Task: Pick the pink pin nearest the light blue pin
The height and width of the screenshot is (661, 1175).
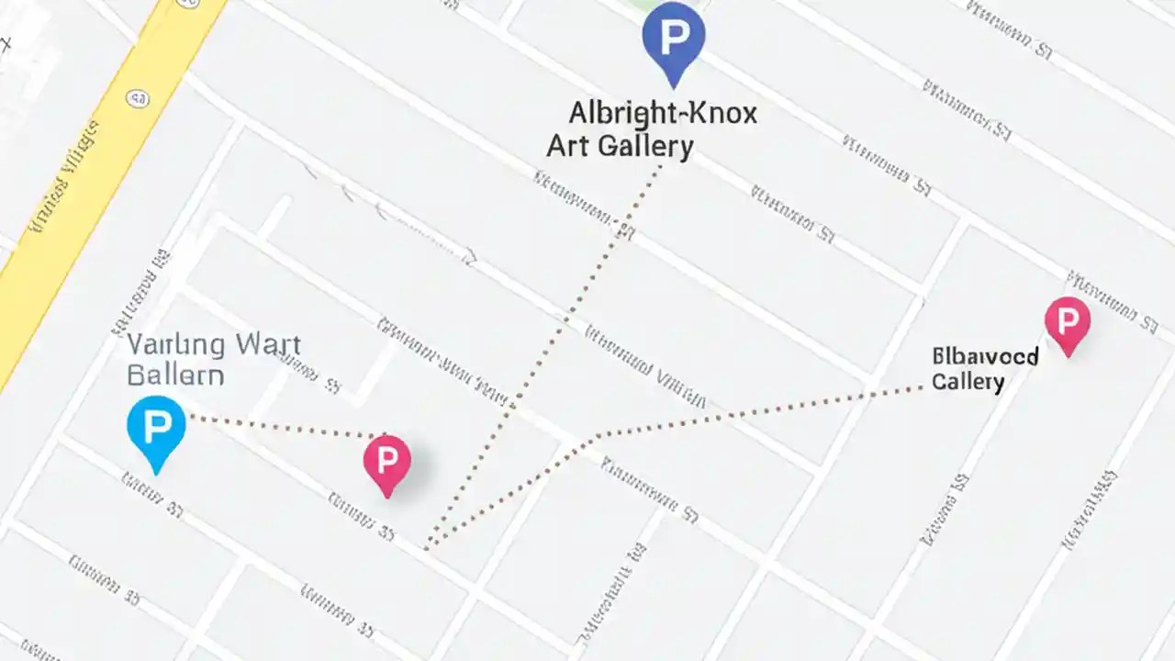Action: coord(387,462)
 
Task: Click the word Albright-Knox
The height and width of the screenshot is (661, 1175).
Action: coord(663,114)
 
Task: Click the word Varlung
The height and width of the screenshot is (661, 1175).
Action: coord(175,346)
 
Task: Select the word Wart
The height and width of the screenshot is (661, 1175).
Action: coord(267,346)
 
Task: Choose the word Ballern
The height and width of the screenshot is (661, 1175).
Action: coord(175,375)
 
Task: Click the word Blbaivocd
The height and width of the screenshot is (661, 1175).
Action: coord(984,356)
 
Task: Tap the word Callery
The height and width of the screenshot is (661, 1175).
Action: coord(968,381)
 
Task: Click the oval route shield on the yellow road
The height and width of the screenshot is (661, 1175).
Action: coord(140,98)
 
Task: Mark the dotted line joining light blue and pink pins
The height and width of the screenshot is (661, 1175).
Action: coord(285,427)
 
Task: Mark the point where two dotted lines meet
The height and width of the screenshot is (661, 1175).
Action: coord(428,547)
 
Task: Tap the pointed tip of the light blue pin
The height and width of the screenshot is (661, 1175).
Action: coord(157,473)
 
